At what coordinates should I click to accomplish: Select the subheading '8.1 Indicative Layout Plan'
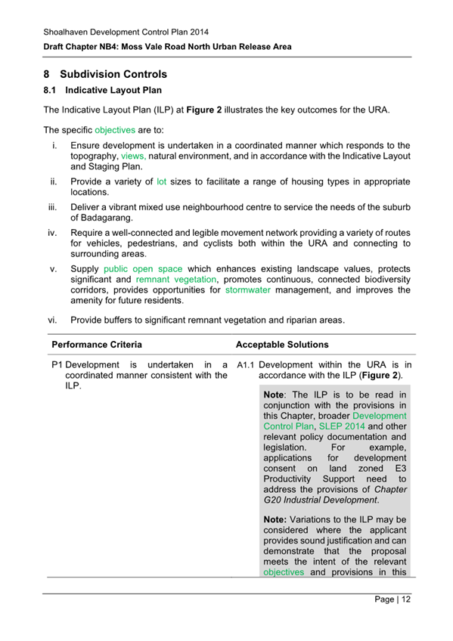point(102,91)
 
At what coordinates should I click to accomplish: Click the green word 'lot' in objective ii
point(161,182)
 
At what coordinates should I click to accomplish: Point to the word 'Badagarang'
point(105,218)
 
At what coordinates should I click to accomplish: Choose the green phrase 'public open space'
point(144,268)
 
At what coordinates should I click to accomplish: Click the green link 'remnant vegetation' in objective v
point(169,279)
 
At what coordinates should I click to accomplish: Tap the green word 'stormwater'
point(250,290)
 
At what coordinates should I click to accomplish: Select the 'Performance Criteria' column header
point(96,344)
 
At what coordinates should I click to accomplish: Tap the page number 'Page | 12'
point(392,599)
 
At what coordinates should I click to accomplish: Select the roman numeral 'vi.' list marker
point(54,320)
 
